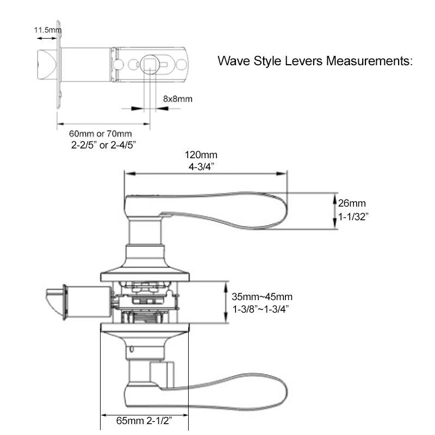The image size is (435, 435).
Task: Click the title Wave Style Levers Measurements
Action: coord(316,60)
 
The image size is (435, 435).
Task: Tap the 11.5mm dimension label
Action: coord(47,30)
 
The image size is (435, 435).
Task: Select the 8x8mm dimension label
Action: coord(178,100)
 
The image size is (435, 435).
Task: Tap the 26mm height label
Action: coord(352,204)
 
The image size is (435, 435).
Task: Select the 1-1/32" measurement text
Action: coord(354,216)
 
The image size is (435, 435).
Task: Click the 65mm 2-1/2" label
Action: coord(144,420)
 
